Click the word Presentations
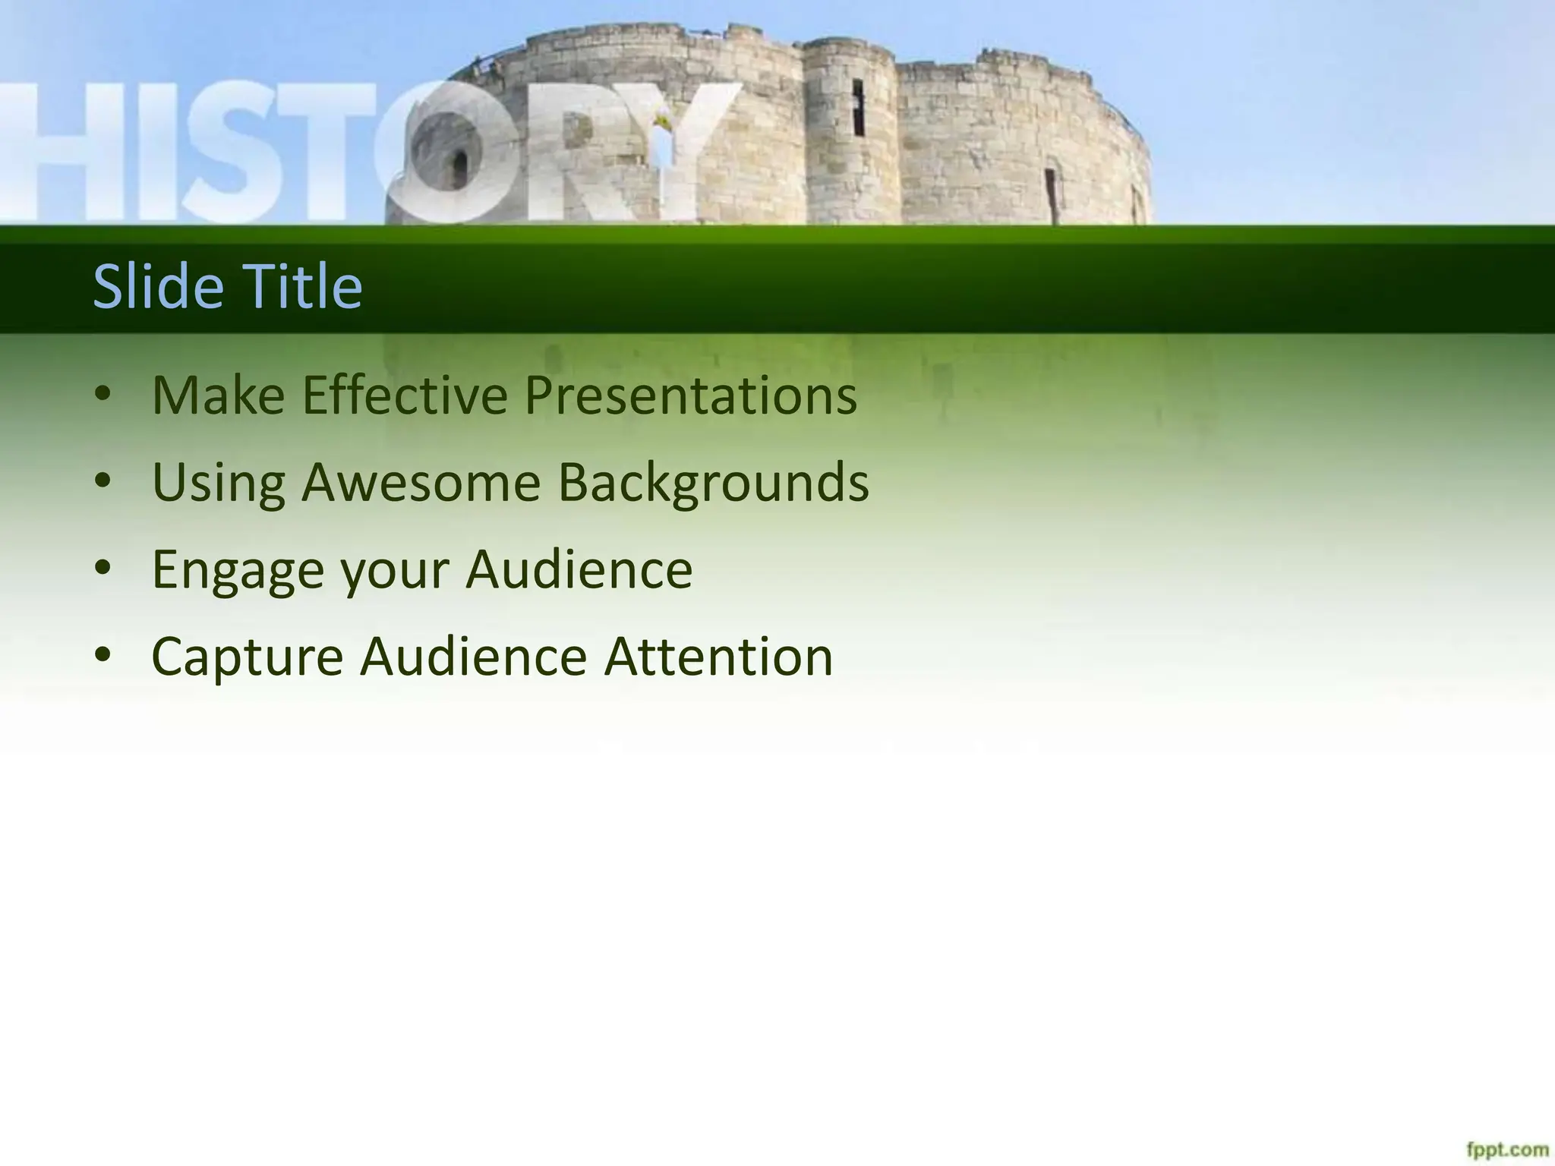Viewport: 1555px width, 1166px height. point(690,395)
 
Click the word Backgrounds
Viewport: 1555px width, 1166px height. point(713,483)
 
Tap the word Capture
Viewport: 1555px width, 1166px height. point(247,657)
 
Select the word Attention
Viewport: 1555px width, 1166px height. point(718,657)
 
